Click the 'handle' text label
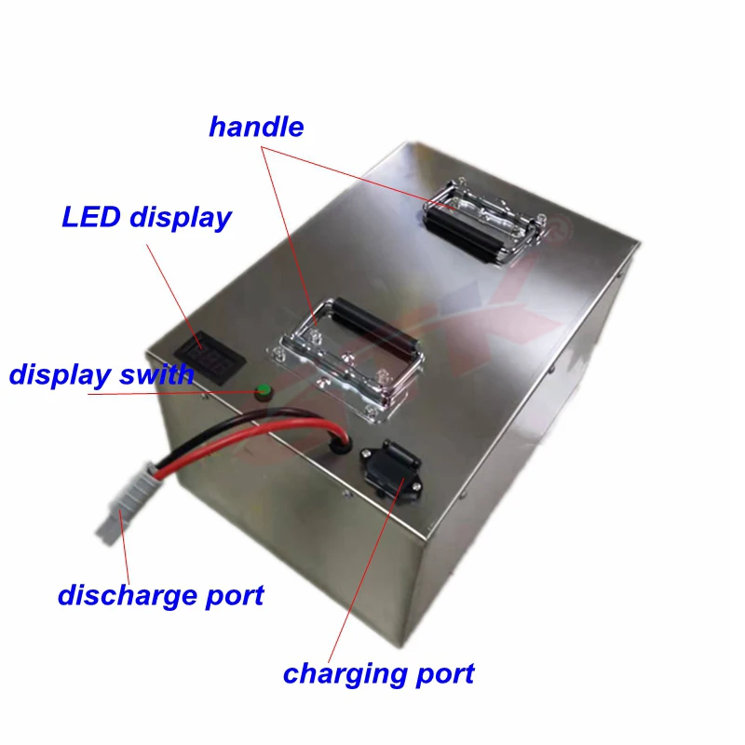point(256,127)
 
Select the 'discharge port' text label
point(160,594)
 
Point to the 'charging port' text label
point(378,672)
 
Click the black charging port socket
point(390,465)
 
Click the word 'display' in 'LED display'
point(180,219)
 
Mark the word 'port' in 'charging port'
point(444,674)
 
